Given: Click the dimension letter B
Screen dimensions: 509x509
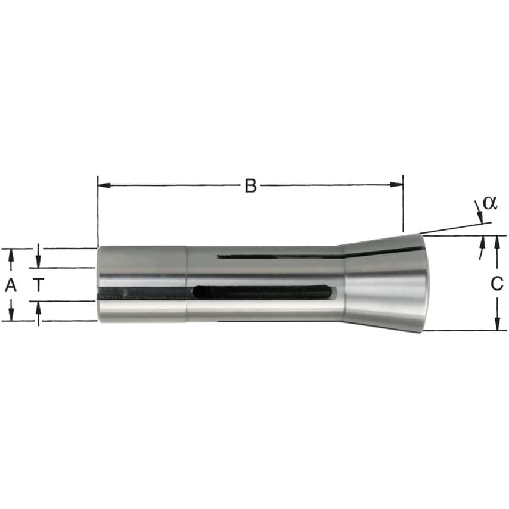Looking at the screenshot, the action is coord(250,186).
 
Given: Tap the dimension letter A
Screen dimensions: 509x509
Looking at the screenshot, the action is coord(11,285).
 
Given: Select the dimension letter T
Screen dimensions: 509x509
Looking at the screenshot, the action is coord(38,285).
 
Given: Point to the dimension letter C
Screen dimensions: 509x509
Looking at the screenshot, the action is coord(496,283).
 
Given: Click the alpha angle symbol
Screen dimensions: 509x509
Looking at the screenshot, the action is coord(489,203).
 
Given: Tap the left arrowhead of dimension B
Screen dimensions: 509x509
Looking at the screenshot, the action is coord(104,185).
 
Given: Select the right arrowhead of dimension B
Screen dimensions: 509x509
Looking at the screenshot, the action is coord(396,185).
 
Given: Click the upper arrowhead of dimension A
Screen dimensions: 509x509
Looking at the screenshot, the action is coord(11,255).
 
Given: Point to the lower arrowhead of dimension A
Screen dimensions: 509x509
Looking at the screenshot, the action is coord(11,314).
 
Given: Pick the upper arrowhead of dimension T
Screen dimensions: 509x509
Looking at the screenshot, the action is coord(38,261).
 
